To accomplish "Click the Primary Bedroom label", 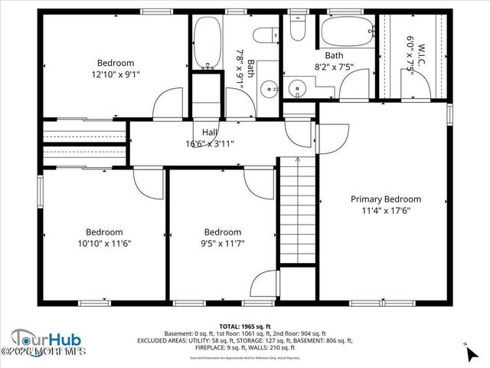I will coord(385,199).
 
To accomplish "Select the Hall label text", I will coord(210,132).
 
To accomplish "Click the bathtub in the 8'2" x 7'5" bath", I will coord(347,32).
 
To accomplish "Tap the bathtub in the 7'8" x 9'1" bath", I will coord(206,43).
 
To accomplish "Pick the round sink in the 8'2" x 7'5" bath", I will coord(296,88).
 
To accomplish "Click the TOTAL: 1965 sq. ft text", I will coord(245,326).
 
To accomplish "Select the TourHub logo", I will coord(46,339).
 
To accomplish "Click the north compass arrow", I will coord(469,350).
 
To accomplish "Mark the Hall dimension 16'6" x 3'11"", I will coord(210,143).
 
